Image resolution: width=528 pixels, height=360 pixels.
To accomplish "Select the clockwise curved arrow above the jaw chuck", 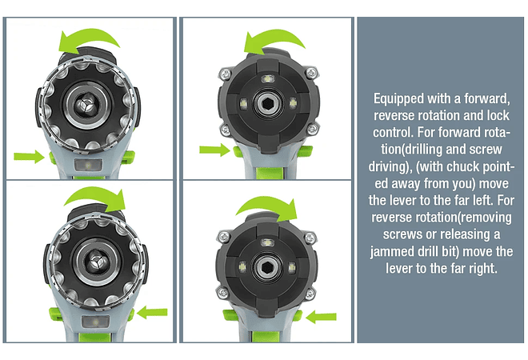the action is click(96, 195).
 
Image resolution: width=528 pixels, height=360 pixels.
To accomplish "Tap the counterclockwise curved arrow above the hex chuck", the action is click(274, 38).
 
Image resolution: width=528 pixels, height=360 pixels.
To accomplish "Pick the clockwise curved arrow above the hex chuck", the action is click(268, 205).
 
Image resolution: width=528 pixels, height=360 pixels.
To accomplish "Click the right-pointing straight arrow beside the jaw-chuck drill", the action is click(29, 157).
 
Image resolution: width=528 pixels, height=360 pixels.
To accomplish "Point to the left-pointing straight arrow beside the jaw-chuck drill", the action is click(152, 312).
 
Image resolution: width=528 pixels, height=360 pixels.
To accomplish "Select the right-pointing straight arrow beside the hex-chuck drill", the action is click(215, 150).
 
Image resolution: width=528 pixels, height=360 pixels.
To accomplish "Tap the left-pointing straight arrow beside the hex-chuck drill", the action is click(321, 317).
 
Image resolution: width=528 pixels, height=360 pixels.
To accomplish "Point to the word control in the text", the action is click(393, 132).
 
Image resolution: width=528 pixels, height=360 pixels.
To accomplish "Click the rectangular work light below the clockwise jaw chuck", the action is click(96, 322).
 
